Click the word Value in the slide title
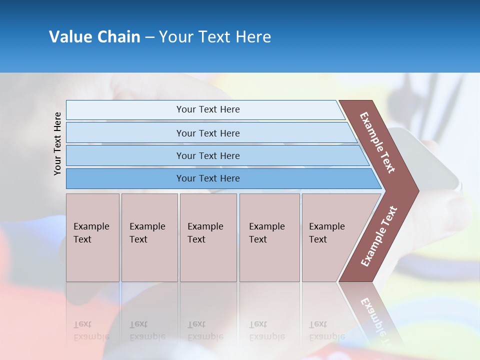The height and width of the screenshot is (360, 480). [x=69, y=37]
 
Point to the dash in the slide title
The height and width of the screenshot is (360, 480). [x=149, y=37]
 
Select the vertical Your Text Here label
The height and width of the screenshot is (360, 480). [x=57, y=143]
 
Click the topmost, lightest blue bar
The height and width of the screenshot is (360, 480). [x=207, y=109]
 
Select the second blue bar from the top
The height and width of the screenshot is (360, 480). [x=207, y=133]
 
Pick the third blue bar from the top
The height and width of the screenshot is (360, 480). [x=207, y=155]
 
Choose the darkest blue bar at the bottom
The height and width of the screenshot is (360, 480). [x=207, y=178]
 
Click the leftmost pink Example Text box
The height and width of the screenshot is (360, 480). [x=92, y=237]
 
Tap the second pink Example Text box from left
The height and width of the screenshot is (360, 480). [x=149, y=237]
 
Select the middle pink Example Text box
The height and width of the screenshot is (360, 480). [x=208, y=237]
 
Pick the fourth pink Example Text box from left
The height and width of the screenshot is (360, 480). [x=269, y=237]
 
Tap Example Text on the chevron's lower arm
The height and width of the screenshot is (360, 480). [x=379, y=236]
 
